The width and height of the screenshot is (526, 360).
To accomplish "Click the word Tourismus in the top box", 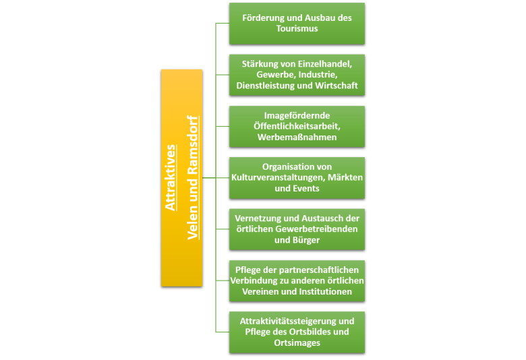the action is (x=297, y=28).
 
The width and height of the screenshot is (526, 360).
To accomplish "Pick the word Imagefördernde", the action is (x=297, y=116).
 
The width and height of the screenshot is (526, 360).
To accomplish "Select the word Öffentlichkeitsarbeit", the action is (x=297, y=127).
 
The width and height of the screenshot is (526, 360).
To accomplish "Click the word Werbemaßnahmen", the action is (x=297, y=138).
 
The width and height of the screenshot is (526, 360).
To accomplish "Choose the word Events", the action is (x=307, y=189).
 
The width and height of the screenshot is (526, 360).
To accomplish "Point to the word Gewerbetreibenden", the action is (x=317, y=229).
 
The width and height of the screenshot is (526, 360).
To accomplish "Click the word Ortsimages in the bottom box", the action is (x=297, y=343).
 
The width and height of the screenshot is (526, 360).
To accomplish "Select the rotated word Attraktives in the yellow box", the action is (x=171, y=178).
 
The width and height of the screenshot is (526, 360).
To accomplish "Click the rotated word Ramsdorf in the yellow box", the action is (x=193, y=145).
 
